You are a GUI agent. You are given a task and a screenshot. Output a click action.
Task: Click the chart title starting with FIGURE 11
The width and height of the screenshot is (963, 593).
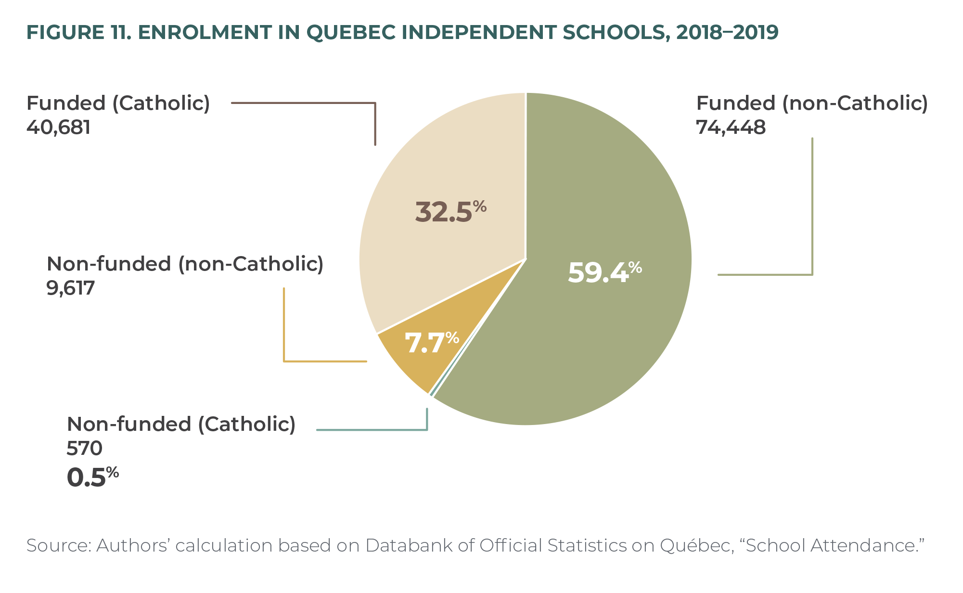point(402,32)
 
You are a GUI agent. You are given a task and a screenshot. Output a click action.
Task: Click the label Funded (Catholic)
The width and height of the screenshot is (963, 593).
point(118,103)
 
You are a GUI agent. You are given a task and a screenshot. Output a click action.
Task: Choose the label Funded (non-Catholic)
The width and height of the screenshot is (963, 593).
point(812,103)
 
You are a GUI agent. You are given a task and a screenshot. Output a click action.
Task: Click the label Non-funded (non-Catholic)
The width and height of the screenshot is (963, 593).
point(185,264)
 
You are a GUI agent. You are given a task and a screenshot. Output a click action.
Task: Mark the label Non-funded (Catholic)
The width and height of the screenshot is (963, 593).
point(181,425)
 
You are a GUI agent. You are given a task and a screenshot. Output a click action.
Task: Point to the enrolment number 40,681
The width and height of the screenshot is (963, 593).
point(58,128)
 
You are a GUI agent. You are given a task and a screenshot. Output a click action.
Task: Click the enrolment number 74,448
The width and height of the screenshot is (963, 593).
point(731,128)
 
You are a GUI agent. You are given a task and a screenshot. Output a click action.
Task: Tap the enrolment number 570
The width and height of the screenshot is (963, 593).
point(84,449)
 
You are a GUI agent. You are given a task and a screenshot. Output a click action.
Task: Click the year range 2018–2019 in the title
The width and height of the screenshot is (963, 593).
point(727,32)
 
